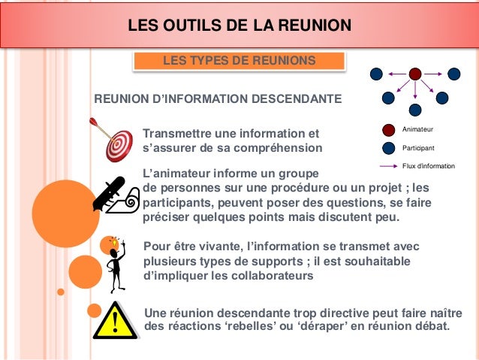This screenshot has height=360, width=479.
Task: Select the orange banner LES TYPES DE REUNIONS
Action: tap(239, 60)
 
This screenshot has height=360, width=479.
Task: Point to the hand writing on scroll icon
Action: tap(114, 193)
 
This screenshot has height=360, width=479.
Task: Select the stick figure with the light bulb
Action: tap(116, 264)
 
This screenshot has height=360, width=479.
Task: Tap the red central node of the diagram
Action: tap(415, 74)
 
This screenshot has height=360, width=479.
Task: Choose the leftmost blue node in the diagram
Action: tap(376, 74)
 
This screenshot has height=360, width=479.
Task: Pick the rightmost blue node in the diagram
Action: tap(454, 74)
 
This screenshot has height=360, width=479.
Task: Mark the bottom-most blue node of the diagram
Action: tap(415, 109)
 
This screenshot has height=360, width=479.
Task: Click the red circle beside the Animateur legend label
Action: tap(388, 131)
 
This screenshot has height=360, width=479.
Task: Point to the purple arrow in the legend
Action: tap(388, 165)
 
